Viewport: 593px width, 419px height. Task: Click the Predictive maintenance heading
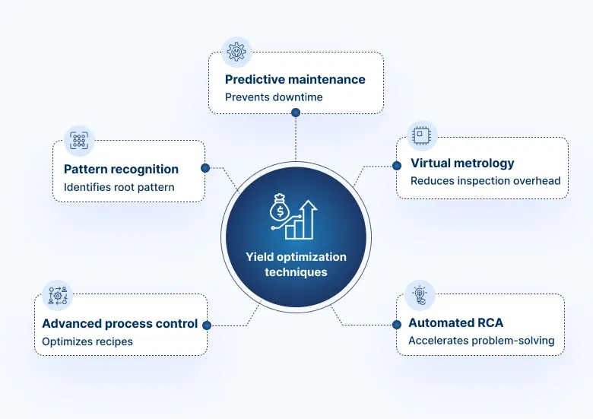point(295,79)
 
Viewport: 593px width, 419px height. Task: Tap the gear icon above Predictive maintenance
point(236,52)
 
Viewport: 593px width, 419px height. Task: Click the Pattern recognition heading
point(121,169)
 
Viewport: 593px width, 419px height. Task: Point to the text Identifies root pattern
point(119,187)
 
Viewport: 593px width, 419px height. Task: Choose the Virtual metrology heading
point(462,163)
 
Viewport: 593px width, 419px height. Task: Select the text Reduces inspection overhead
point(485,181)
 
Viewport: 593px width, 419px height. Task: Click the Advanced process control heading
point(119,323)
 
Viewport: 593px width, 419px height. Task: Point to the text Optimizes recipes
point(87,341)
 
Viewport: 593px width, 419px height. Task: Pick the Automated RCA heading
point(455,322)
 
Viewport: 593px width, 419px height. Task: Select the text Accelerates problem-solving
point(481,341)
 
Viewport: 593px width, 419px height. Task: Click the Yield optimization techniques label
point(296,264)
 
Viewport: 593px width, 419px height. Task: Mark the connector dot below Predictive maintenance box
point(296,113)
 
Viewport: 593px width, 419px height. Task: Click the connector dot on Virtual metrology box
point(396,165)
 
